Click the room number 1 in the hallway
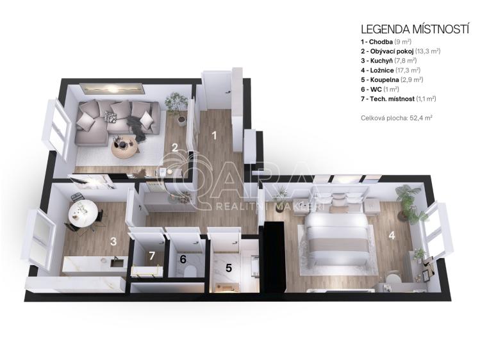[214, 135]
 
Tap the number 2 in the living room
[175, 148]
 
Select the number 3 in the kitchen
[113, 241]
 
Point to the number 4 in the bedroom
[392, 236]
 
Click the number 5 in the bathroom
[229, 268]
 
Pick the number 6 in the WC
[183, 259]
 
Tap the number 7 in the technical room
[152, 256]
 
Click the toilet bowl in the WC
[190, 271]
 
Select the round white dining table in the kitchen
[83, 213]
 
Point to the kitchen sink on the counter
[117, 262]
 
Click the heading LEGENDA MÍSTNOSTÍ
[415, 29]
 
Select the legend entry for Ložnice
[391, 70]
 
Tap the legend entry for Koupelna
[392, 80]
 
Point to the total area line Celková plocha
[397, 118]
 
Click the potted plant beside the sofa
[177, 108]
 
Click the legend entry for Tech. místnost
[398, 99]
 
